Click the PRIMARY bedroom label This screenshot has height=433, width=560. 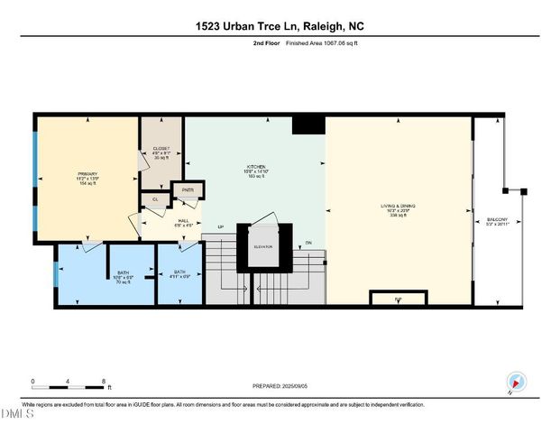(87, 173)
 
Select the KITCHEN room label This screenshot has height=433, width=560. (255, 167)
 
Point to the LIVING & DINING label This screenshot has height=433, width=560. (399, 207)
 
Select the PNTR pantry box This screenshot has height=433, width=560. (188, 190)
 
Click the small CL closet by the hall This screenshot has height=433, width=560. (155, 199)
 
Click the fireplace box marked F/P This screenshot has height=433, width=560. (399, 299)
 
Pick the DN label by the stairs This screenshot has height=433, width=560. (308, 242)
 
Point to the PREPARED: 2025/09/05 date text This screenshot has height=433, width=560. (280, 385)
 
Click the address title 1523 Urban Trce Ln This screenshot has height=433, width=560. (280, 26)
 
